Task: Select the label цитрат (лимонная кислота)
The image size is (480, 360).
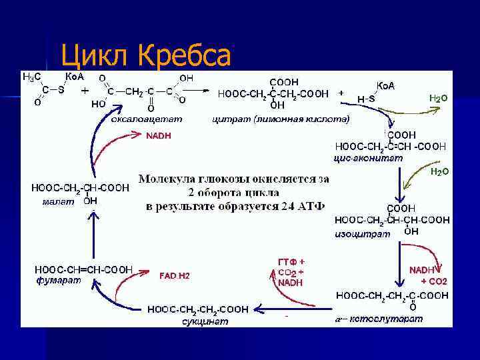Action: [x=280, y=120]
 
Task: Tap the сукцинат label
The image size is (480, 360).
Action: [x=205, y=321]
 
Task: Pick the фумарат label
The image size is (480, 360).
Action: [x=59, y=280]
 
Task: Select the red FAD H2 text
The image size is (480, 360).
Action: [x=175, y=275]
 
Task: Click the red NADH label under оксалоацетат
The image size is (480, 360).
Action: [x=159, y=136]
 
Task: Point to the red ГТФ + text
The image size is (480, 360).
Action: [x=291, y=261]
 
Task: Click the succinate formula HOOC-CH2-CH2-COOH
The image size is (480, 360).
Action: [x=199, y=309]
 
